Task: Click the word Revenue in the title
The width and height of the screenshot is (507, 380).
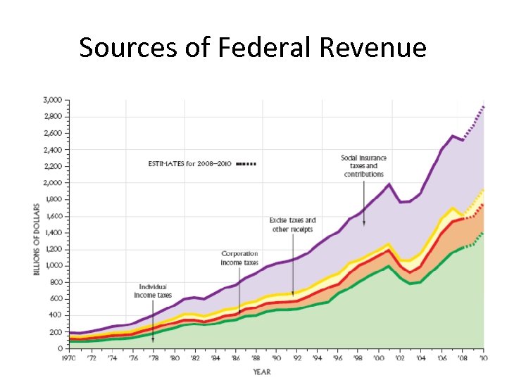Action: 373,48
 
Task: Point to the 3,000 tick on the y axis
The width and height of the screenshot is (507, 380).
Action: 53,99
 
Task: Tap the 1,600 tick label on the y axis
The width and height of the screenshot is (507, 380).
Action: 53,215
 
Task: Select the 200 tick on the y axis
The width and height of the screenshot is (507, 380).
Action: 56,331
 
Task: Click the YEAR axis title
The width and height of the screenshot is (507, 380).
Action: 263,372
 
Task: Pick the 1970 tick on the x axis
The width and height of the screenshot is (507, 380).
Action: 68,359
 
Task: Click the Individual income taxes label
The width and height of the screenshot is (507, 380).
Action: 153,291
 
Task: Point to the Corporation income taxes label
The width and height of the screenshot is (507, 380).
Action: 240,258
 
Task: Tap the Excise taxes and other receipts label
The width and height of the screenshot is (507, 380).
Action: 292,224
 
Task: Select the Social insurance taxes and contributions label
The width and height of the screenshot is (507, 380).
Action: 363,165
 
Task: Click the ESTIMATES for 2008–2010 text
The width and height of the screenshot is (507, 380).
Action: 189,164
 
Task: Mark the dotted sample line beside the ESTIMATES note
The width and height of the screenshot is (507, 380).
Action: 246,164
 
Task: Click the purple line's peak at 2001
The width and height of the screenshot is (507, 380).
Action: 388,184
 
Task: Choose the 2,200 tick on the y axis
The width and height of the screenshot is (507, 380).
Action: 53,166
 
